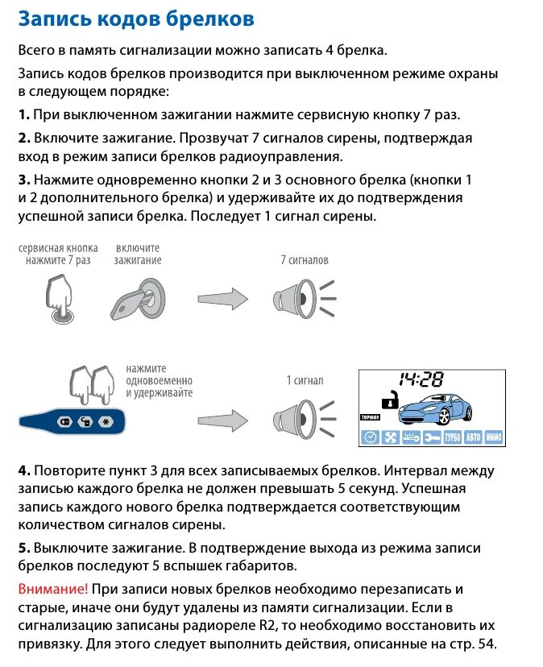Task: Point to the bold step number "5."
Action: click(x=23, y=548)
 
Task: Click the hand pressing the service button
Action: click(x=60, y=298)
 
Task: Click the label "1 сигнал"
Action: click(x=305, y=380)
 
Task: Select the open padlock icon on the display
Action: click(x=389, y=400)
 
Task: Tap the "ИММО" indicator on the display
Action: click(x=494, y=437)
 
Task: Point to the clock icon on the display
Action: click(x=370, y=437)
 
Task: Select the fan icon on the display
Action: click(x=390, y=437)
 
